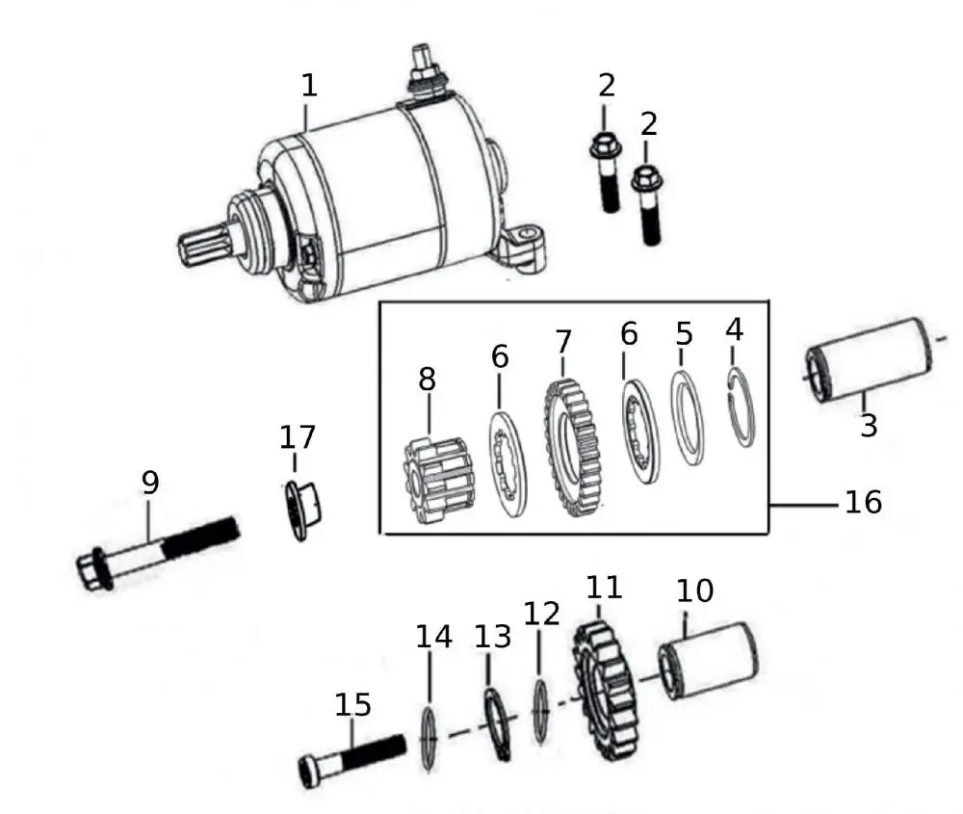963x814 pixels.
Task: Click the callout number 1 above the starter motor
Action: click(308, 85)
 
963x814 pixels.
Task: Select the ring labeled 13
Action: click(497, 725)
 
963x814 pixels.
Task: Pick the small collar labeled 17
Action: click(303, 509)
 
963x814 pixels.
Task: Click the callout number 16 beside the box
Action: click(862, 502)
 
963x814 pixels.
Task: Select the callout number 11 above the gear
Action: click(604, 587)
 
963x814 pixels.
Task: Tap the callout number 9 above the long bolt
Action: click(149, 483)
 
